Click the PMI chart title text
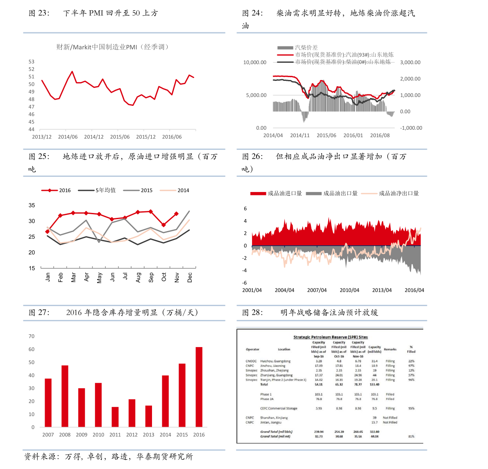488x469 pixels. point(113,47)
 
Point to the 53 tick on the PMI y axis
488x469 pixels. point(32,62)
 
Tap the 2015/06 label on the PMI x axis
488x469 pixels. point(120,137)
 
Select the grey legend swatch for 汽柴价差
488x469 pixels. point(285,48)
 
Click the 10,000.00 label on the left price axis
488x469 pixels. point(255,62)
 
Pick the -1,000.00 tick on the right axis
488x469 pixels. point(411,128)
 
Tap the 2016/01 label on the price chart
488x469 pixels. point(353,135)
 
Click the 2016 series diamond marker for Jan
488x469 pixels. point(48,232)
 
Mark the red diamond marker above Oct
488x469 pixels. point(163,225)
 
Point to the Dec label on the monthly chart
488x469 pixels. point(190,277)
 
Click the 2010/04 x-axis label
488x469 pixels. point(349,290)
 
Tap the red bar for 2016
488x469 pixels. point(199,387)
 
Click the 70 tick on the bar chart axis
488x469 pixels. point(32,336)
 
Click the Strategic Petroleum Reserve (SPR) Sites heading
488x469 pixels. point(330,337)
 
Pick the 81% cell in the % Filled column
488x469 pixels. point(411,436)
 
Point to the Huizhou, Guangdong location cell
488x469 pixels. point(275,361)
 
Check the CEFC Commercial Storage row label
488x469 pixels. point(279,408)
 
